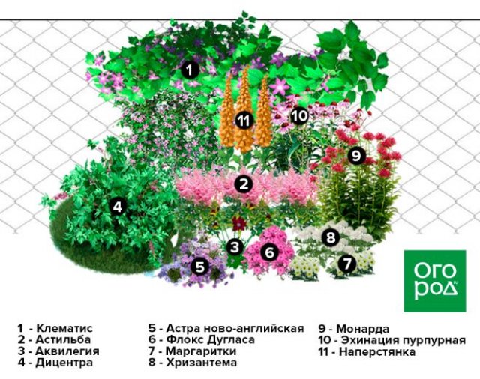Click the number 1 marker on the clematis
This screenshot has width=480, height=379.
[190, 70]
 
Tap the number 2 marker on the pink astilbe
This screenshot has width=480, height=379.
[244, 184]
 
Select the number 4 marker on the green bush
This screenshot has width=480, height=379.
[118, 207]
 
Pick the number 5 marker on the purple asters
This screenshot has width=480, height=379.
[200, 267]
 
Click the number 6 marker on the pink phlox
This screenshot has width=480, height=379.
[269, 252]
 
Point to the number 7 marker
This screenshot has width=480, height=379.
[347, 263]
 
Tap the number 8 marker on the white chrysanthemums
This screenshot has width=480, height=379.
[331, 237]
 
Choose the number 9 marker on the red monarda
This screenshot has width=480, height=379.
[357, 156]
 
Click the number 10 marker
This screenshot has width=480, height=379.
[299, 115]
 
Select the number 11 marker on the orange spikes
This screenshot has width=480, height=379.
[244, 121]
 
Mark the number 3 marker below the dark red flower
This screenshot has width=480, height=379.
[235, 247]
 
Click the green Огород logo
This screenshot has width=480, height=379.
[435, 281]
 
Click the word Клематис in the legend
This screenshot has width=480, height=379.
[64, 328]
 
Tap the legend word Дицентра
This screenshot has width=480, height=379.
[64, 363]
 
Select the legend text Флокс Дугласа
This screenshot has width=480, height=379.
[211, 339]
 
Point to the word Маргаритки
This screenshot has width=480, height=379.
[201, 351]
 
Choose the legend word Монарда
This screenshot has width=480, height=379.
[363, 329]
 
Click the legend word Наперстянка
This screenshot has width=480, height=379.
[377, 351]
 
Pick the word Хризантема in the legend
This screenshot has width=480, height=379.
[202, 363]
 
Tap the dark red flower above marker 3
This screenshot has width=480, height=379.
[238, 224]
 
